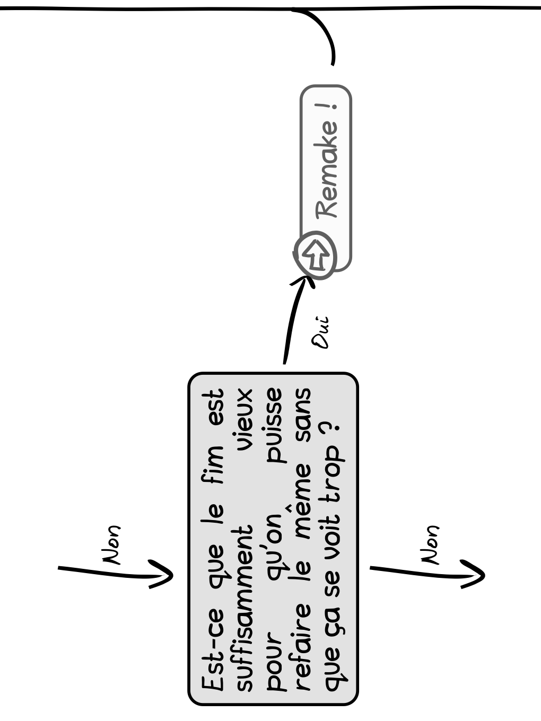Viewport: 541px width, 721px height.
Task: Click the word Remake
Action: coord(327,170)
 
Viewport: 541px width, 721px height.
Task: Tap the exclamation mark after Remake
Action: coord(327,106)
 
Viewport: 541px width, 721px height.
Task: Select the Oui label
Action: coord(320,332)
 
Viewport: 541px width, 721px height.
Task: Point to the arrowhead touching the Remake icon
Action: coord(303,281)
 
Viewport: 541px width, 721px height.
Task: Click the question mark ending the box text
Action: coord(330,430)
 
